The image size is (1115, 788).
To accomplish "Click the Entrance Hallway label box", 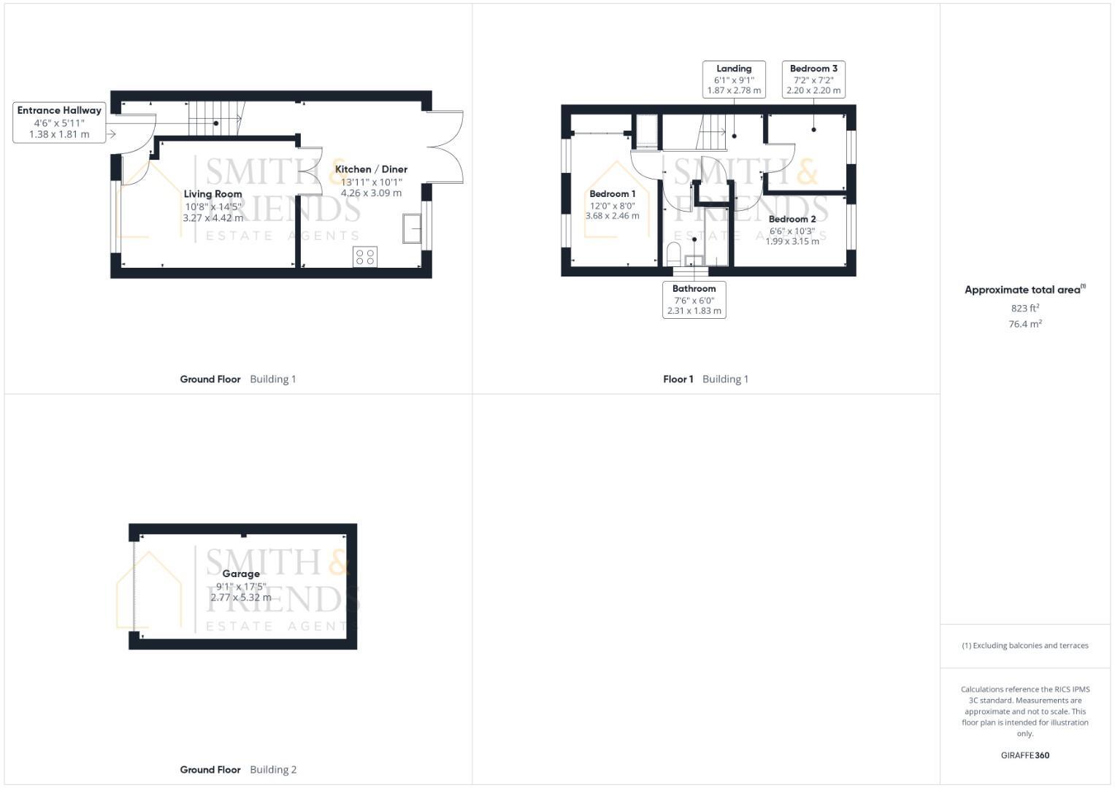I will pos(59,122).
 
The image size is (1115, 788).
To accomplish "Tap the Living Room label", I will pos(212,194).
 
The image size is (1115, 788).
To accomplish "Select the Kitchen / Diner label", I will pos(371,169).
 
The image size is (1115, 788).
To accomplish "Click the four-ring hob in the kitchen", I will pos(365,256).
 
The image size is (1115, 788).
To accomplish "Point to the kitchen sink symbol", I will pos(412,228).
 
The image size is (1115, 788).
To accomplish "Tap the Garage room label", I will pos(241,574).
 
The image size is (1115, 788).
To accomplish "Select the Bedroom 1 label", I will pos(612,194).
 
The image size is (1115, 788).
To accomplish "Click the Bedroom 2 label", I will pos(792,219).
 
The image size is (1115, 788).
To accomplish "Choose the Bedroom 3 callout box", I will pos(813,80).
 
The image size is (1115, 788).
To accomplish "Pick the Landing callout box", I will pos(734,80).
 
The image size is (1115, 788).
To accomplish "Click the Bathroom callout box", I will pos(694,299).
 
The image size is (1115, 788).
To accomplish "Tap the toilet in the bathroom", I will pos(674,254).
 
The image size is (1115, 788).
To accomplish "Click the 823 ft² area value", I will pos(1024,308).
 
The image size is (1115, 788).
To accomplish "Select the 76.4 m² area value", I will pos(1024,324).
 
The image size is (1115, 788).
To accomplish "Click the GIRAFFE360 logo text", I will pos(1024,755).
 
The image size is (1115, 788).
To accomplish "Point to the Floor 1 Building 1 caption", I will pos(705,379).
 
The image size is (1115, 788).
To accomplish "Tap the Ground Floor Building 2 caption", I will pos(238,770).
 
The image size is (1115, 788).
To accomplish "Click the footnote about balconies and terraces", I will pos(1024,646).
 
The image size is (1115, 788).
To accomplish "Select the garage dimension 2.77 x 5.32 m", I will pos(241,598).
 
